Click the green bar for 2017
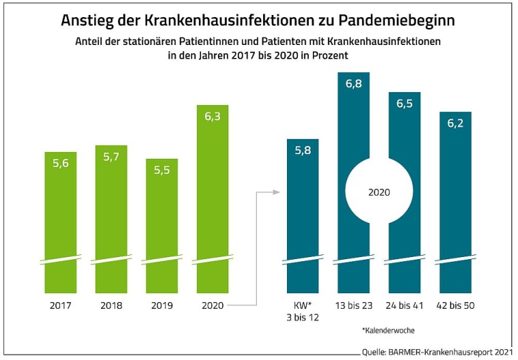click(x=61, y=218)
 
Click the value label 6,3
click(x=213, y=117)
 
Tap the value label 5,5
click(x=162, y=170)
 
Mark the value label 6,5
click(x=404, y=103)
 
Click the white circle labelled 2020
click(x=379, y=192)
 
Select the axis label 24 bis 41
click(x=404, y=305)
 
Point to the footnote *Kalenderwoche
click(x=386, y=330)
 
